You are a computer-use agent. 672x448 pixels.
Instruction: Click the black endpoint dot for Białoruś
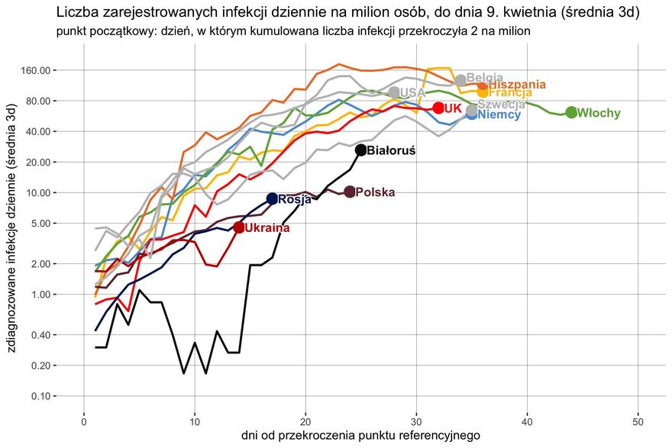361,150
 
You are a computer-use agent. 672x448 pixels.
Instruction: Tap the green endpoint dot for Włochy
571,112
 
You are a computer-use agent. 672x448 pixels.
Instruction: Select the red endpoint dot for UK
438,108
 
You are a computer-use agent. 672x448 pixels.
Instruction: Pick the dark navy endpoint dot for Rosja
272,198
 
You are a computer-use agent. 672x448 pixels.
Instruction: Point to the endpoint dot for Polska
350,192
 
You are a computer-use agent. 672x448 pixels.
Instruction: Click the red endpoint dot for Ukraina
239,227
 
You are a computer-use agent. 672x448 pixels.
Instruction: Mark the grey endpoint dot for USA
394,92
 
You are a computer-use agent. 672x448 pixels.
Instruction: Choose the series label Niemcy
499,115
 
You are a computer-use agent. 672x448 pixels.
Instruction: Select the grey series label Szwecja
501,105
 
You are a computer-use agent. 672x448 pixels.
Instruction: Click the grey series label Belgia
484,77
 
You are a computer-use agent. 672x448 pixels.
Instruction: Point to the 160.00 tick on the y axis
34,70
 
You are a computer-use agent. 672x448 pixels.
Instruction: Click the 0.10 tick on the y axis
38,396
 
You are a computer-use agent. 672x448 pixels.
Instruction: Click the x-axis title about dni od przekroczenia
360,436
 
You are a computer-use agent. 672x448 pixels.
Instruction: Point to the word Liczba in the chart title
76,13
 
